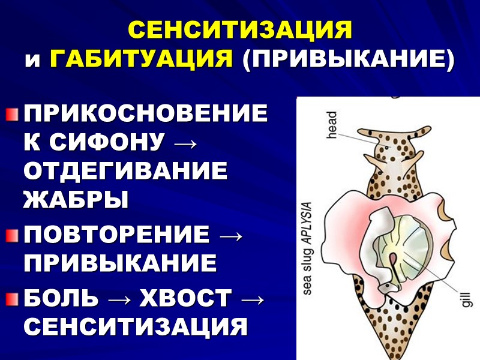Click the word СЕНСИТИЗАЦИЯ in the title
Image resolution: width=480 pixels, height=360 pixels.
240,30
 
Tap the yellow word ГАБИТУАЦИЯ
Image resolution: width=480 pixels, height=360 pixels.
142,59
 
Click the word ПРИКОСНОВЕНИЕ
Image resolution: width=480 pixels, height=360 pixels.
145,113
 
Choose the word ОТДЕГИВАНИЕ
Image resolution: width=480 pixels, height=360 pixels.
125,172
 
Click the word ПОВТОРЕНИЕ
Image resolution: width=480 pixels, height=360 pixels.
117,234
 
